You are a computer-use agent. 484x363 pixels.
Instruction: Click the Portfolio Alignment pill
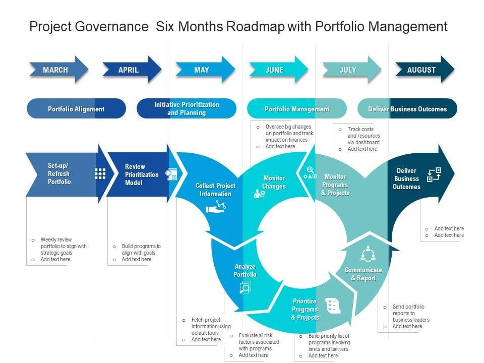pyautogui.click(x=76, y=109)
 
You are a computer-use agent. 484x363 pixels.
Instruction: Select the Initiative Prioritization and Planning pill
pyautogui.click(x=187, y=109)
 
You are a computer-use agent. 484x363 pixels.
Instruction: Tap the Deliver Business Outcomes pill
pyautogui.click(x=407, y=109)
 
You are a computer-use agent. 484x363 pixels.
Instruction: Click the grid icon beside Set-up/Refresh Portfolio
pyautogui.click(x=100, y=173)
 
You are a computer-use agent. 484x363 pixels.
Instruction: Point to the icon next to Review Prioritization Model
pyautogui.click(x=172, y=174)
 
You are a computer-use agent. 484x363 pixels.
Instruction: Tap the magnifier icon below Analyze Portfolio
pyautogui.click(x=245, y=287)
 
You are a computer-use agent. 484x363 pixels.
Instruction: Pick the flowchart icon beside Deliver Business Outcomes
pyautogui.click(x=434, y=175)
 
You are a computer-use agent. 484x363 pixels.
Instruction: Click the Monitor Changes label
pyautogui.click(x=274, y=182)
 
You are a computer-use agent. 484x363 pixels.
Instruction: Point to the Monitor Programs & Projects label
pyautogui.click(x=335, y=185)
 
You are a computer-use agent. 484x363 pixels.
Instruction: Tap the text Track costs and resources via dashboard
pyautogui.click(x=364, y=136)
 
